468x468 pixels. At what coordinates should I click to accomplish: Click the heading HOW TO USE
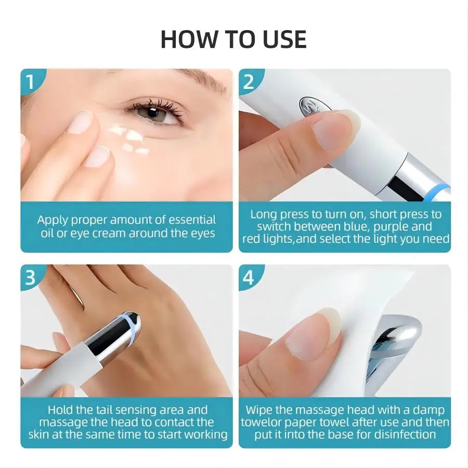coord(233,40)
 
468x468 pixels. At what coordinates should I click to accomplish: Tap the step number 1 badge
coord(30,82)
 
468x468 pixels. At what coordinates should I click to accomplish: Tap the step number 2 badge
coord(249,82)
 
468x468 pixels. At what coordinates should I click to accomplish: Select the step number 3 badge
coord(30,278)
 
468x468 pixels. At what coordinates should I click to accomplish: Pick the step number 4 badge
coord(249,278)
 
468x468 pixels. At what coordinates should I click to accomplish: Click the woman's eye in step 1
coord(154,112)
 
